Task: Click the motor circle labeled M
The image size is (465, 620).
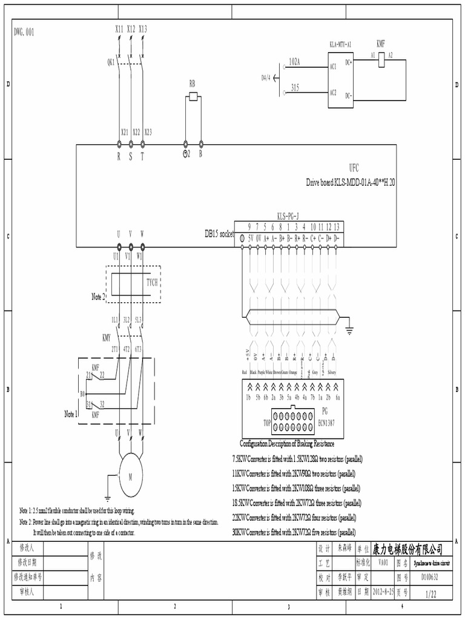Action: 130,477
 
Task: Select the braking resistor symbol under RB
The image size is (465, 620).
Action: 193,96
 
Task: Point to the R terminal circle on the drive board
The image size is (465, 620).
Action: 119,144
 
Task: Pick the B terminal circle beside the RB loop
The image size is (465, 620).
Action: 200,144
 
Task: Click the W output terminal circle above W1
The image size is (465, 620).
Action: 142,246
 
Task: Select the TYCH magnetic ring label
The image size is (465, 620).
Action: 153,282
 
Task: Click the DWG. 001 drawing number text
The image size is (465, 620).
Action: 24,31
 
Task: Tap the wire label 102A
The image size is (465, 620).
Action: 295,62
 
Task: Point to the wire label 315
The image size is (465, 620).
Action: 295,87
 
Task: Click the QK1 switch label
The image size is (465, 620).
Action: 111,62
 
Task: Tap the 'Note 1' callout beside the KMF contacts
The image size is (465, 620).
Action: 71,414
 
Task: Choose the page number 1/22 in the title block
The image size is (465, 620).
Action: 430,595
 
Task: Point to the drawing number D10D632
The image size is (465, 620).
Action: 430,576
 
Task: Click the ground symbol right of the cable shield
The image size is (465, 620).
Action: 349,331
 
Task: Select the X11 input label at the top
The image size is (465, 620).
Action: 119,28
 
